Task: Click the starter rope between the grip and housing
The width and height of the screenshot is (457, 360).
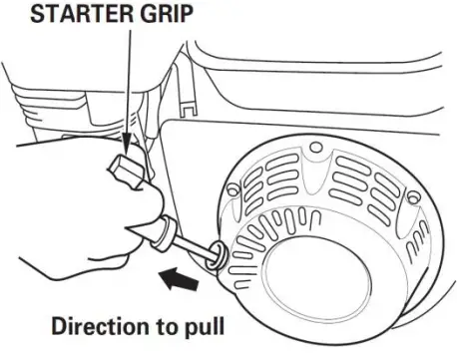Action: click(x=196, y=248)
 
